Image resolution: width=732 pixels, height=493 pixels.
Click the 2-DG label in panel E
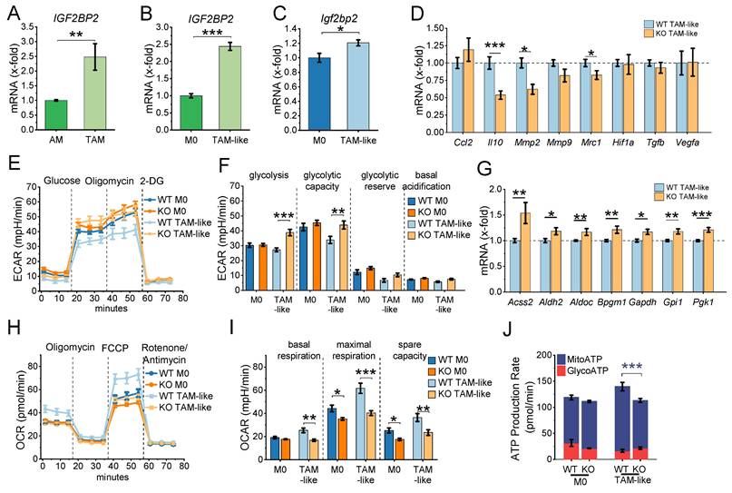[x=151, y=180]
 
